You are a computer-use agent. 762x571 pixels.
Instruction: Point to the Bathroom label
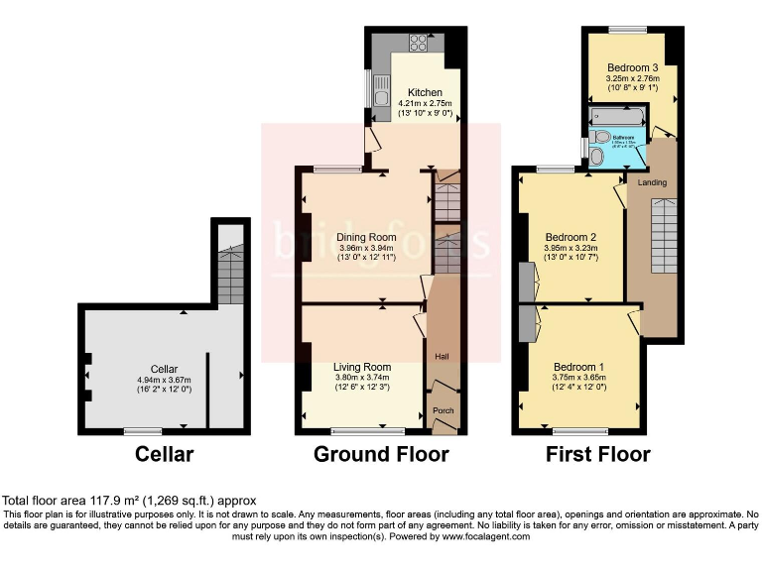tap(623, 138)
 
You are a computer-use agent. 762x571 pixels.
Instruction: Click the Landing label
tap(652, 182)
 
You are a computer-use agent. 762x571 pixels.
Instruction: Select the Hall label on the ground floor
tap(441, 354)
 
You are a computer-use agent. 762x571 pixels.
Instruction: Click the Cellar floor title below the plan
tap(165, 455)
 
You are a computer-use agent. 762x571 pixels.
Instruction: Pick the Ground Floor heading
tap(381, 455)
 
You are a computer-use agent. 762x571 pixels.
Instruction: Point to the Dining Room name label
tap(366, 238)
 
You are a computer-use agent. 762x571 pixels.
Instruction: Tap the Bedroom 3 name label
tap(632, 66)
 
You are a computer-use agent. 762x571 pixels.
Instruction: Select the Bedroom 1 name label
tap(578, 367)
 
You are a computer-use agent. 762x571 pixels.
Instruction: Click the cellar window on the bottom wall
tap(143, 431)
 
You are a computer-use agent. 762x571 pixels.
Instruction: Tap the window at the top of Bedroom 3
tap(627, 29)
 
